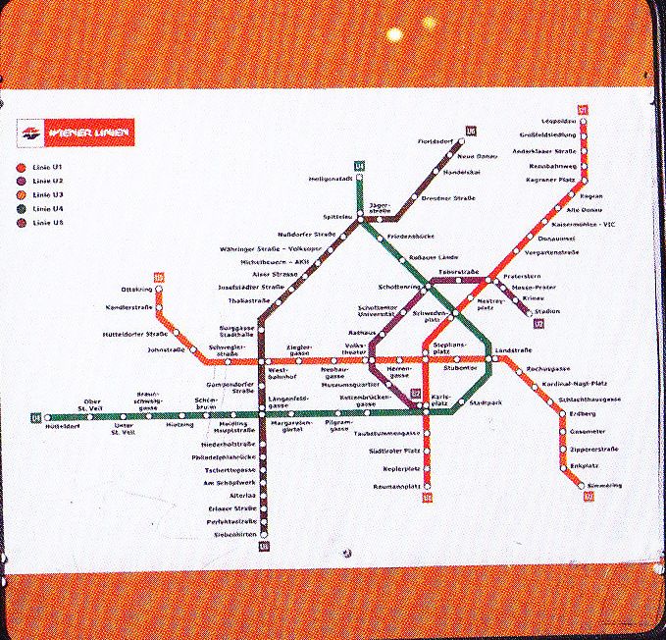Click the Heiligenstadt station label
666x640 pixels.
pos(331,179)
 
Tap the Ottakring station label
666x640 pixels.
pos(136,290)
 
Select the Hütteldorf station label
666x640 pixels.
pos(61,427)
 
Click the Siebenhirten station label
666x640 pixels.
pos(234,534)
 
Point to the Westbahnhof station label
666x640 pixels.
pos(284,375)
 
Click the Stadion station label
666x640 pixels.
pos(548,311)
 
